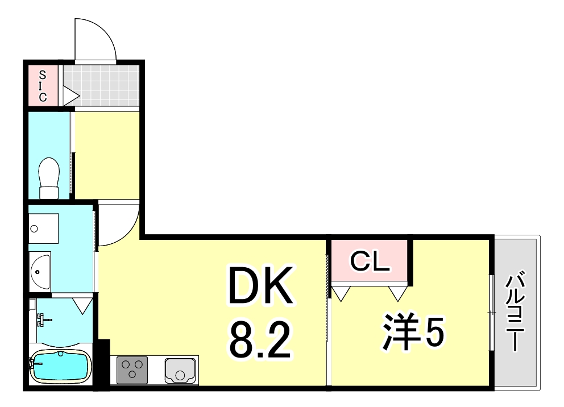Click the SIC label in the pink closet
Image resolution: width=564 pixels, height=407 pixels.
tap(43, 85)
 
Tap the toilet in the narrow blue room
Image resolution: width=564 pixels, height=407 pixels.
tap(49, 177)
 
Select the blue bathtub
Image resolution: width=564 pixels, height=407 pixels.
tap(59, 367)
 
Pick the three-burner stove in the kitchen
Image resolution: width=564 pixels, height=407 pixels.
tap(132, 369)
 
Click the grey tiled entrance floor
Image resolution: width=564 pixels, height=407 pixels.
tap(101, 85)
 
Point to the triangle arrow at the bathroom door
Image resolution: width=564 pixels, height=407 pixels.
tap(83, 306)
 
